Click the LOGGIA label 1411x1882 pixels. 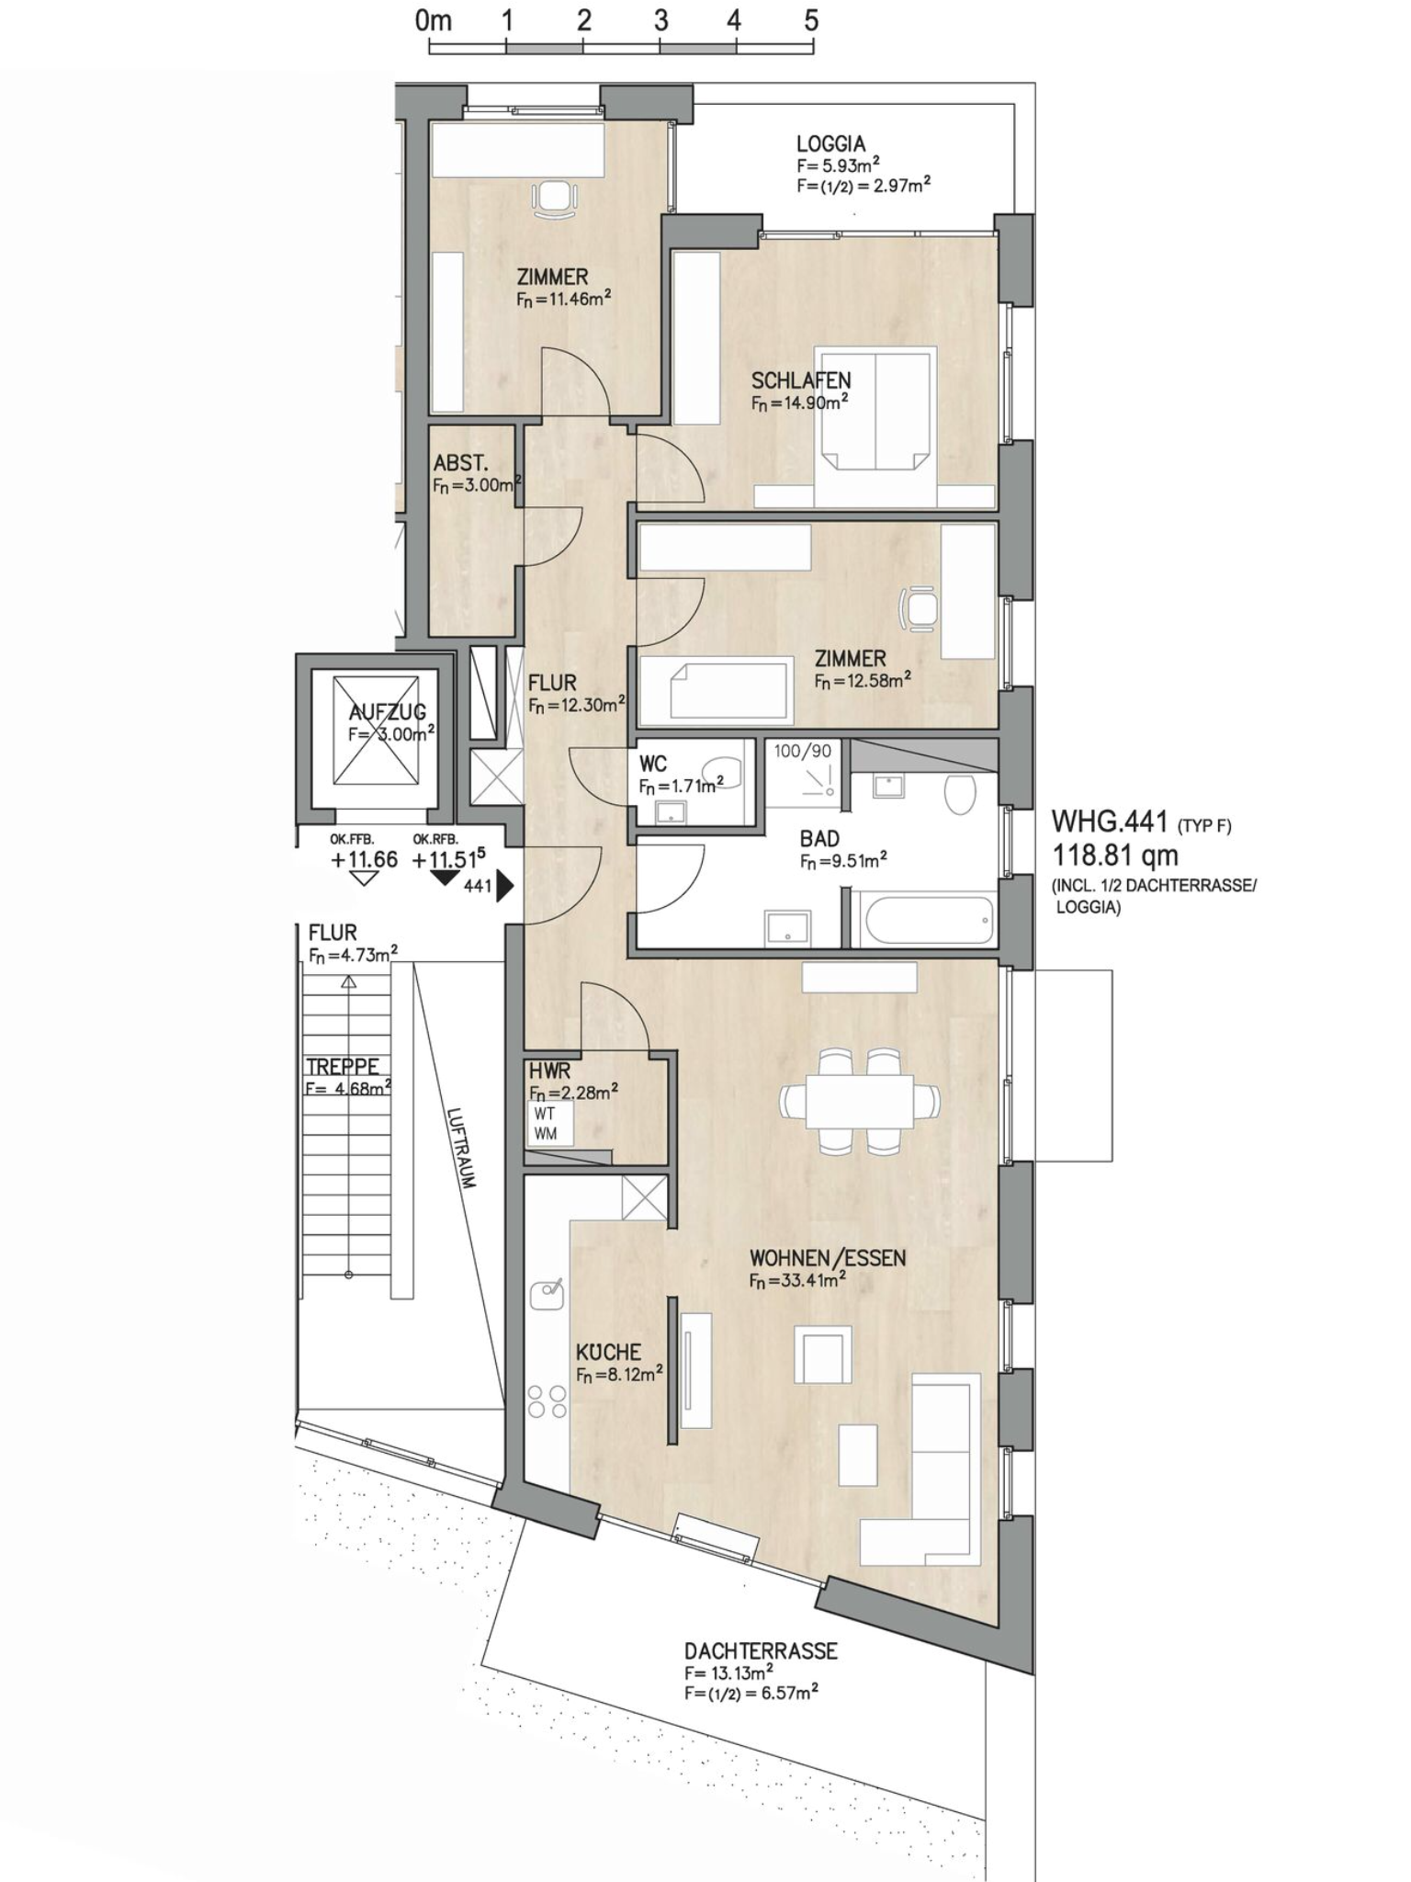tap(830, 143)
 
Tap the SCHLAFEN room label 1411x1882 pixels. tap(800, 380)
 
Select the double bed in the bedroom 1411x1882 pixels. tap(875, 410)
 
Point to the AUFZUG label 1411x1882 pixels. tap(387, 711)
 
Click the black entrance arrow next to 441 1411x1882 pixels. tap(504, 887)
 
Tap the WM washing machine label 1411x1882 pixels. tap(545, 1133)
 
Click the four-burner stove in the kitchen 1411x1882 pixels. tap(547, 1401)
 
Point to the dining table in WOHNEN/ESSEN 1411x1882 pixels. tap(860, 1101)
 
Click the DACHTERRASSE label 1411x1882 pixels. tap(761, 1650)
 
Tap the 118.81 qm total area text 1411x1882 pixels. tap(1114, 856)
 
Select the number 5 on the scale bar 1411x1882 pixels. tap(810, 20)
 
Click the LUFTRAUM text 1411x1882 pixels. tap(461, 1149)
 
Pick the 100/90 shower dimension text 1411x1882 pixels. tap(802, 751)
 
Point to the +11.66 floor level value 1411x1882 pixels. tap(364, 859)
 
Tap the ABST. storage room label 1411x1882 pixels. tap(460, 463)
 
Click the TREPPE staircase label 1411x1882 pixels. tap(342, 1067)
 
